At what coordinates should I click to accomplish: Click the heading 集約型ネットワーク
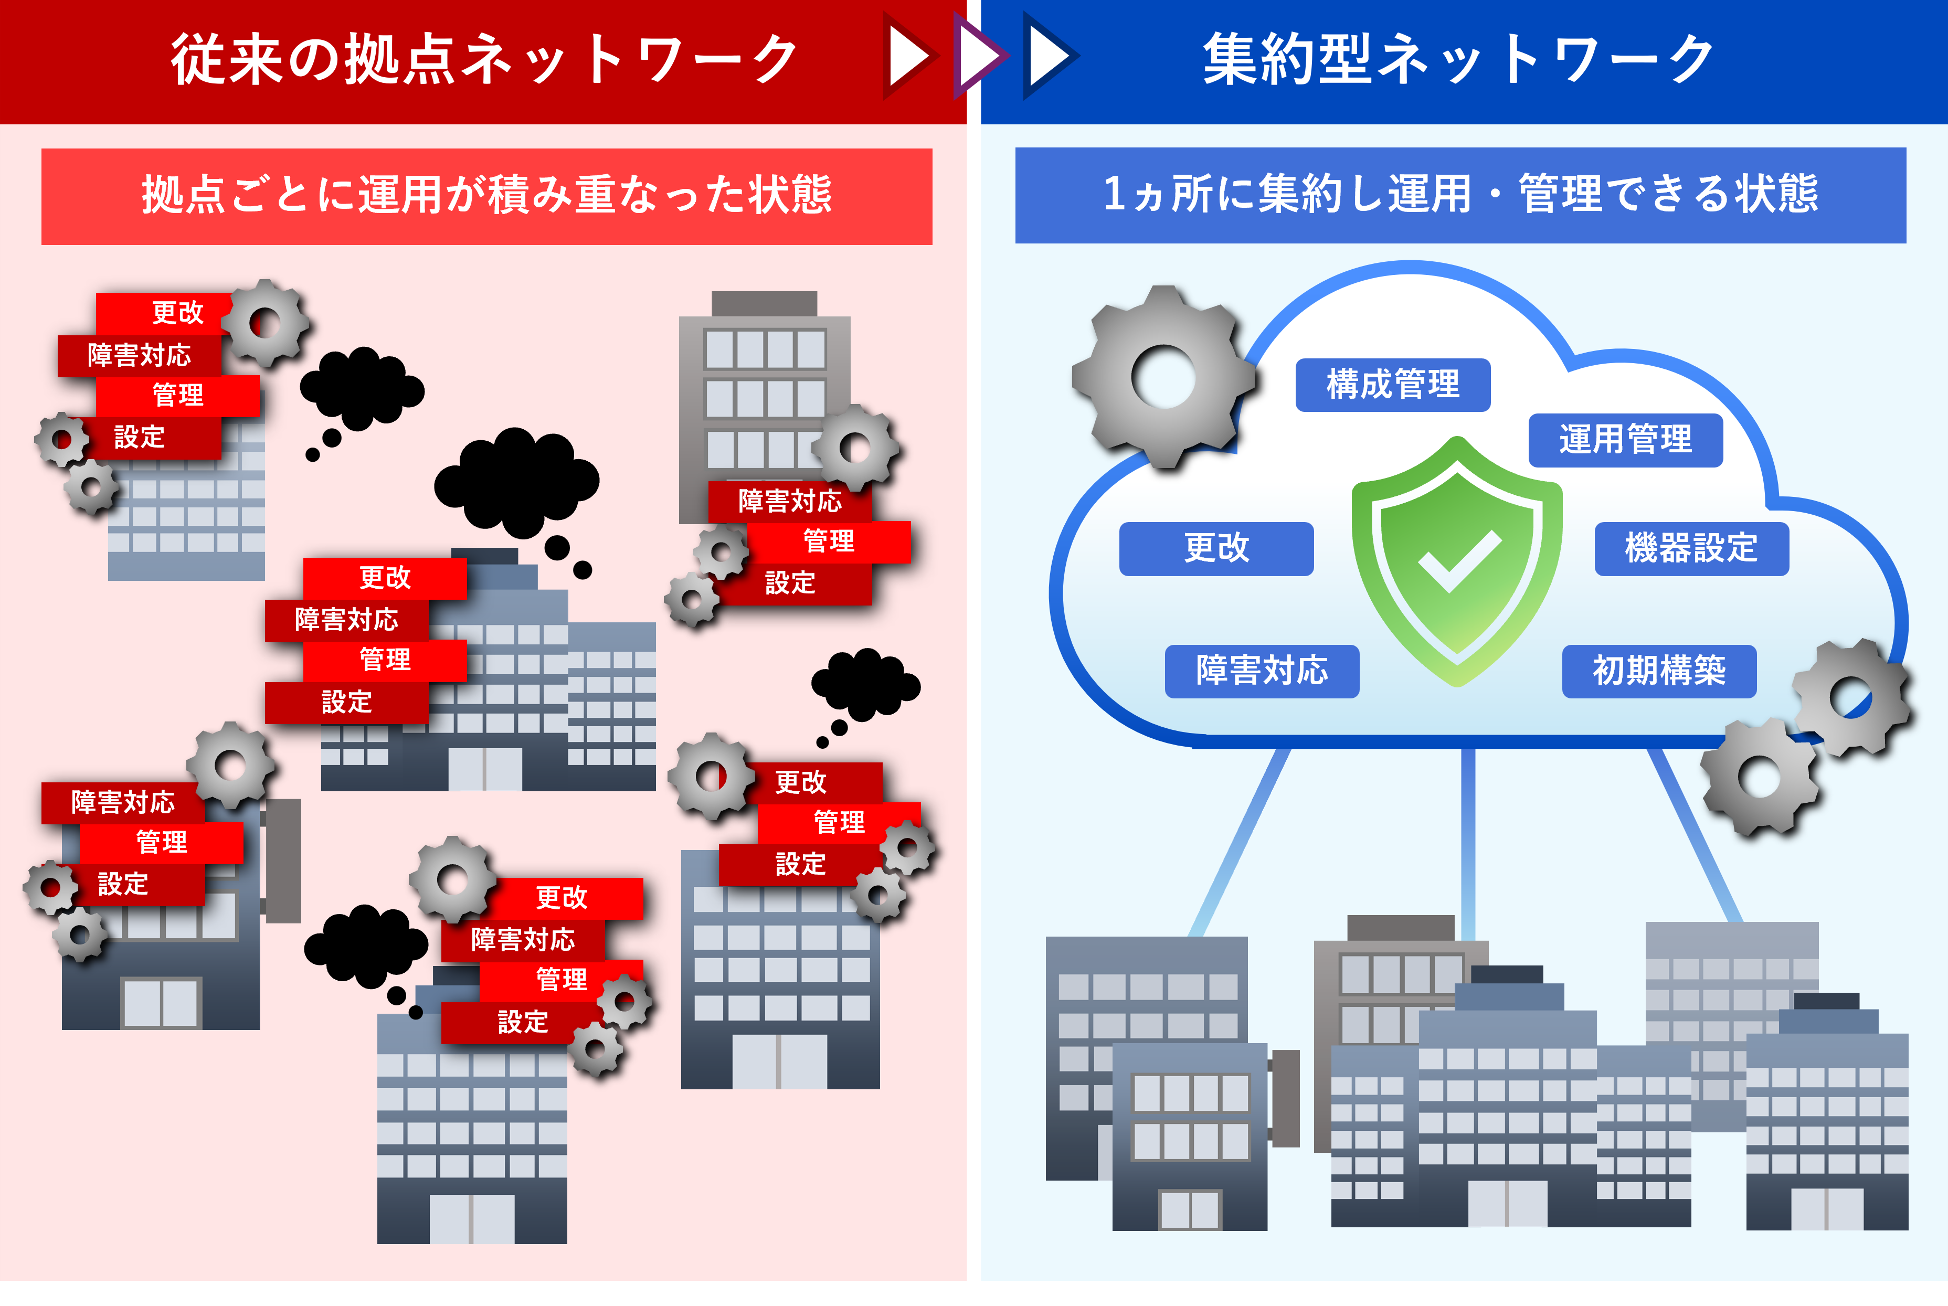point(1457,60)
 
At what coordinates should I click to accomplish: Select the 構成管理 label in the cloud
point(1392,385)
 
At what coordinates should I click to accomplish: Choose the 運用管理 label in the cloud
point(1625,440)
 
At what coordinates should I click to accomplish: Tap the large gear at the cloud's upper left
point(1163,376)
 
